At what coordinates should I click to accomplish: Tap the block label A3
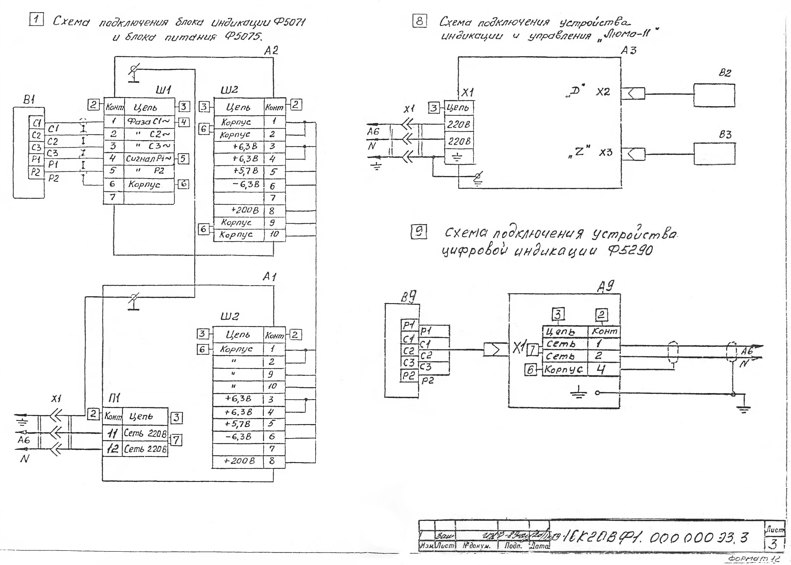[629, 51]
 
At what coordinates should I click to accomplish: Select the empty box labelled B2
[714, 95]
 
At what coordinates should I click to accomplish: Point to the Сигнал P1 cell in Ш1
[149, 159]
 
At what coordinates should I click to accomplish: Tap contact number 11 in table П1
[113, 433]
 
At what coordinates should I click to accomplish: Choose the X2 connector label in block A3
[603, 92]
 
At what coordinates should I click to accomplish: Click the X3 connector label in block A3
[605, 152]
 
